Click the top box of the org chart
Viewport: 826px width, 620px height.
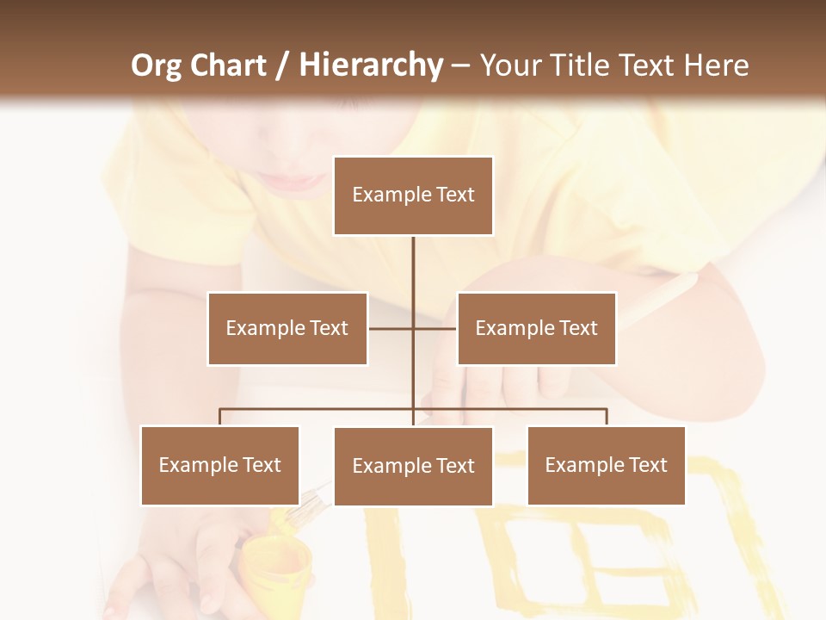pos(413,195)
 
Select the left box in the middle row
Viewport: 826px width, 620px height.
pos(287,328)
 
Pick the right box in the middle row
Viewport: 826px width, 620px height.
pos(536,328)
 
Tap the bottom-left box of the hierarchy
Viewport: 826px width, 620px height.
pos(219,465)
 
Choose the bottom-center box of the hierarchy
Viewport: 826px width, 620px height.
pos(413,466)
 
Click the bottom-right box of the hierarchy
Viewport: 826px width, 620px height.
pos(606,465)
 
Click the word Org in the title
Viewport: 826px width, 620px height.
pos(156,65)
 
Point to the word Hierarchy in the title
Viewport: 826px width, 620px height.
pos(371,65)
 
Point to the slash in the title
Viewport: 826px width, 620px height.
pos(282,65)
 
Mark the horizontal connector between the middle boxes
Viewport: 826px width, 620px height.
pos(413,328)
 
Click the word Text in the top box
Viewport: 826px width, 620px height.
pos(455,195)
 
